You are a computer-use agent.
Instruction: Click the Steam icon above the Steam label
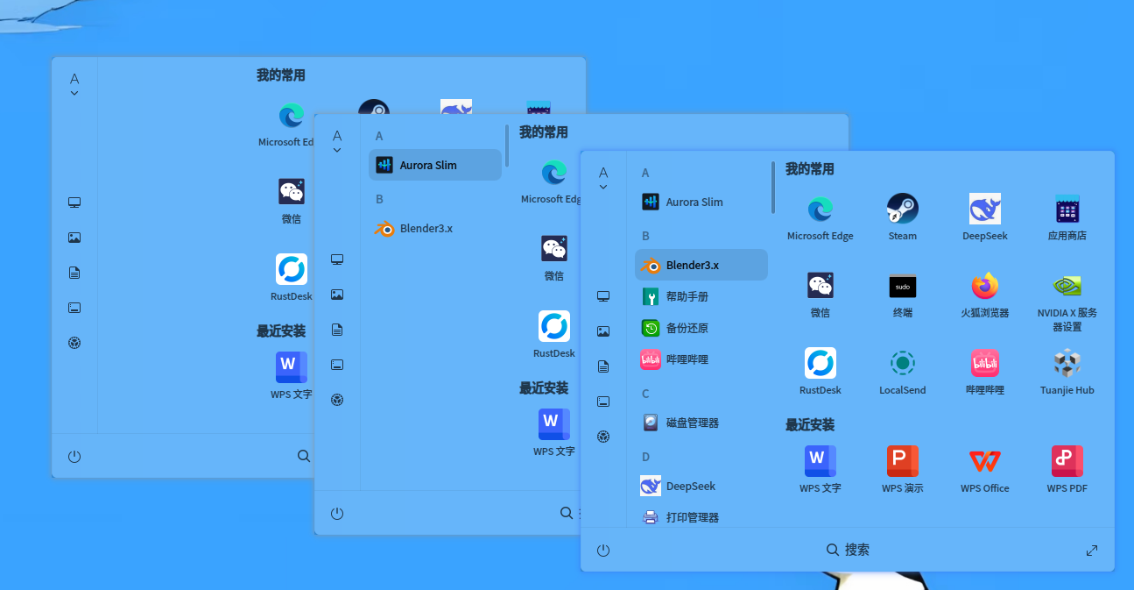pos(902,209)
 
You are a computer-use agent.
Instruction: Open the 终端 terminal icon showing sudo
pos(902,287)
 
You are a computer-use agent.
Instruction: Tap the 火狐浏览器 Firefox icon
pos(984,286)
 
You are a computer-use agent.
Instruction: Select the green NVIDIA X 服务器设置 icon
pos(1067,286)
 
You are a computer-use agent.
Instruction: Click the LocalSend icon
pos(902,363)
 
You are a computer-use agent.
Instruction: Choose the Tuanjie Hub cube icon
pos(1067,363)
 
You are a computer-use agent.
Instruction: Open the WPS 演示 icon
pos(902,461)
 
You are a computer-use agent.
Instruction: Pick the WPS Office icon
pos(984,461)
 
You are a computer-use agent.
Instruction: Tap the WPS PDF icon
pos(1067,461)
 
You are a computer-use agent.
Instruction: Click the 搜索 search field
pos(848,550)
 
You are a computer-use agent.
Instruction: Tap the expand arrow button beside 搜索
pos(1092,551)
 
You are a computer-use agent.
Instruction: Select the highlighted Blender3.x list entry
pos(701,265)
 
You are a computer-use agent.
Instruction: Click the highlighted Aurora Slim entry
pos(435,165)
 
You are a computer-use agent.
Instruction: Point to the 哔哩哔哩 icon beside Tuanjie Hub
pos(984,363)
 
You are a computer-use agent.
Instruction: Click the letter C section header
pos(645,394)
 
